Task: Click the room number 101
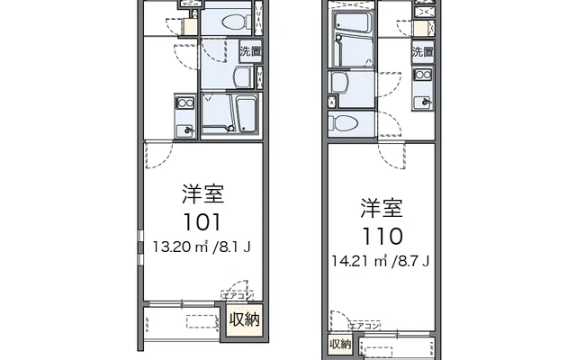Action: coord(202,221)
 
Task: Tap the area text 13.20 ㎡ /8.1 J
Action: coord(202,245)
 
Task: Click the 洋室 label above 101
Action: coord(202,193)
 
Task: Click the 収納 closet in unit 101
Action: coord(244,319)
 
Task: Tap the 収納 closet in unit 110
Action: coord(339,344)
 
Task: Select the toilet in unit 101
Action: coord(234,20)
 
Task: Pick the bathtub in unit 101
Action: coord(243,114)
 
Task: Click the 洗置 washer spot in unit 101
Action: coord(250,52)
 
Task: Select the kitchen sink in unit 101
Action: coord(188,130)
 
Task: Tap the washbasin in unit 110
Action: coord(338,84)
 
